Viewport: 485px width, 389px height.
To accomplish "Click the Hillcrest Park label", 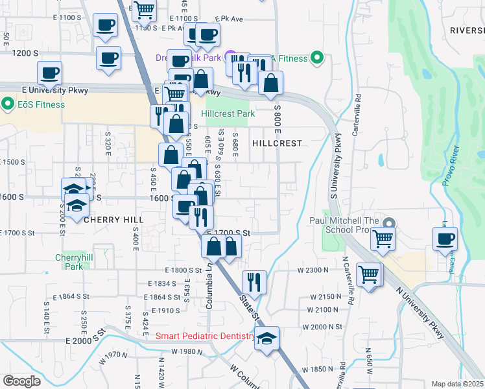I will coord(228,113).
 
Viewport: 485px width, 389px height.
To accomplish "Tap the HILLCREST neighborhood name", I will coord(277,143).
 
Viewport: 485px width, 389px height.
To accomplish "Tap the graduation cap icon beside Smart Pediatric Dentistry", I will coord(266,338).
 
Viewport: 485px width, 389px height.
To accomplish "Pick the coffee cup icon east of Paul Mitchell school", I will coord(445,238).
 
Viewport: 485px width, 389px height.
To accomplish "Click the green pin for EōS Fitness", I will coord(8,104).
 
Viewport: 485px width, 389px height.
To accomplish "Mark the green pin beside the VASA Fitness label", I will coord(317,58).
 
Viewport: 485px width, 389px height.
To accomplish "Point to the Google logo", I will coord(21,381).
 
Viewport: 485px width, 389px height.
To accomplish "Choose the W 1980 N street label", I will coord(187,351).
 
